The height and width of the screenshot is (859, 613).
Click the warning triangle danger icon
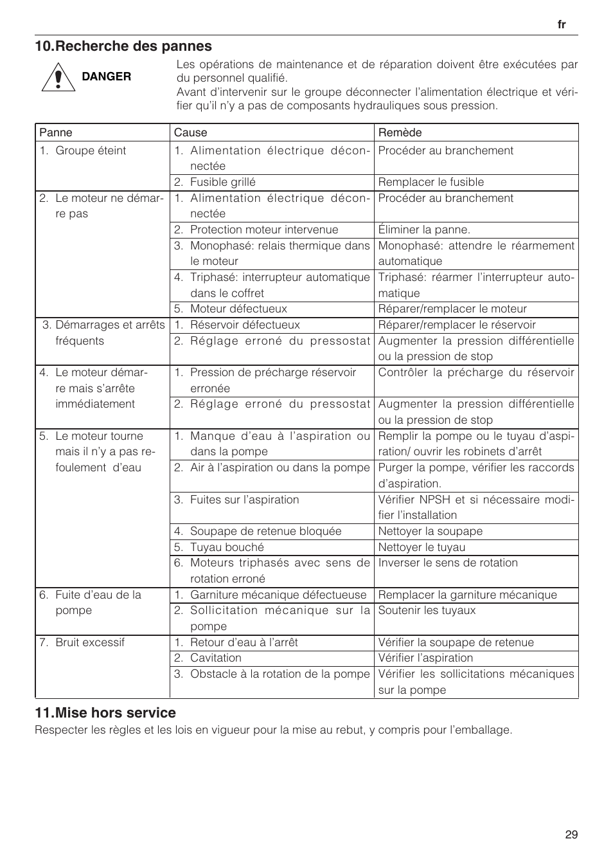(x=56, y=77)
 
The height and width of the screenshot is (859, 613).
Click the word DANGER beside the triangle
(x=106, y=77)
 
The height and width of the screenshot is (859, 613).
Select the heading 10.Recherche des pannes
(x=123, y=46)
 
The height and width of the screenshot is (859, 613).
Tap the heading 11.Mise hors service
(x=105, y=712)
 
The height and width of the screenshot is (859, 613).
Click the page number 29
(x=571, y=835)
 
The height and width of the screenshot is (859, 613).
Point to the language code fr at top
(x=562, y=24)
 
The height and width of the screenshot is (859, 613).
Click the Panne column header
(x=56, y=132)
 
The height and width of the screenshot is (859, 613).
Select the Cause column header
(x=190, y=132)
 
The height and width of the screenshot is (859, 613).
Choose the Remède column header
(x=400, y=132)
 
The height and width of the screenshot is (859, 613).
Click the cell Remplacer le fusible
(x=431, y=182)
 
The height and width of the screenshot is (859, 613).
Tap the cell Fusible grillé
(x=222, y=182)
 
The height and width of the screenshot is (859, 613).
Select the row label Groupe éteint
(x=91, y=150)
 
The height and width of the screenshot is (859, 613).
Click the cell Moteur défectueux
(x=238, y=309)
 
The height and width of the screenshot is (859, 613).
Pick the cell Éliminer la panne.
(x=424, y=230)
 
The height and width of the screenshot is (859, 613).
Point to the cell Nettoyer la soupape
(x=430, y=531)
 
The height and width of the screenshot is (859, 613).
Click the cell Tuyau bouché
(x=227, y=547)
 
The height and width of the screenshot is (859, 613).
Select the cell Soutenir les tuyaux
(x=427, y=610)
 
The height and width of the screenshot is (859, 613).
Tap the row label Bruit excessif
(x=90, y=642)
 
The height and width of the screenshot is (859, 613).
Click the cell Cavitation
(x=216, y=658)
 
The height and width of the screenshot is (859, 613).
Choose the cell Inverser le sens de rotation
(x=448, y=563)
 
